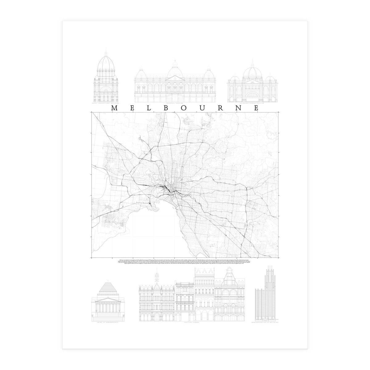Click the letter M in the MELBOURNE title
[113, 108]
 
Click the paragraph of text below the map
[184, 262]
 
